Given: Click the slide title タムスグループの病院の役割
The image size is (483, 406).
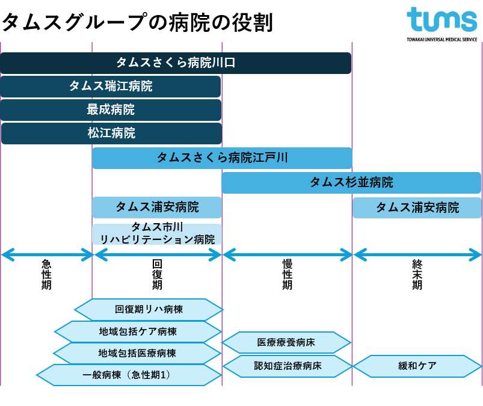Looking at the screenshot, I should (137, 22).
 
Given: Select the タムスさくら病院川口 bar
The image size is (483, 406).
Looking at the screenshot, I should (176, 63).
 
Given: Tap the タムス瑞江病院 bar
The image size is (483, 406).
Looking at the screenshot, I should (111, 87).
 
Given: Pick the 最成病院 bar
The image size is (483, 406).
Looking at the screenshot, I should (111, 110).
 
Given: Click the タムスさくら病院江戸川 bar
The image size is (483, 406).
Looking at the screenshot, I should (222, 158).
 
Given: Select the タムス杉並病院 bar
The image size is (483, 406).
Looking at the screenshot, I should (351, 182).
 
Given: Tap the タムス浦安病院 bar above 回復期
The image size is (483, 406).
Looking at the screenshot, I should (157, 208).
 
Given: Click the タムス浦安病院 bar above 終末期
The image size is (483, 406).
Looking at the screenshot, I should (417, 208).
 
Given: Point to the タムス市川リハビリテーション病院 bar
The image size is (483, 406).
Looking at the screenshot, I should (157, 233).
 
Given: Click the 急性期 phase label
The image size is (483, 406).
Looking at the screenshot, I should (46, 274).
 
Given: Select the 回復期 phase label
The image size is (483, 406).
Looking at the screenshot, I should (157, 274).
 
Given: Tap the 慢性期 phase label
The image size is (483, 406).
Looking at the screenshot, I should (287, 274).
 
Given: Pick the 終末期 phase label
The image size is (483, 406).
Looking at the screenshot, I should (417, 274).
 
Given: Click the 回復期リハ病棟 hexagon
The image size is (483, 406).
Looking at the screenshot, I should (149, 310).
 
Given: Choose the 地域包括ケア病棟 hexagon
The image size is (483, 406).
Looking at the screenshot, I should (138, 331).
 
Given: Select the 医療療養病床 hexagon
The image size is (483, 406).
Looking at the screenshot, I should (286, 343).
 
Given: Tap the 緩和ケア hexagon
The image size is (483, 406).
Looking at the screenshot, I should (417, 366).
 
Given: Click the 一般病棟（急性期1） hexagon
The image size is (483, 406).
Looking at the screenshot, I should (129, 375).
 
